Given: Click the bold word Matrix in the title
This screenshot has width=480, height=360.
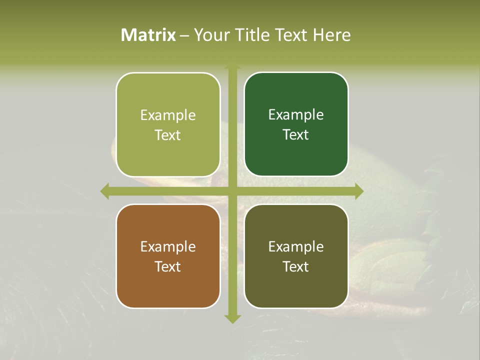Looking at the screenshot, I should (148, 35).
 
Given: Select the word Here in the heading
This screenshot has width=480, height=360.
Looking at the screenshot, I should (331, 35).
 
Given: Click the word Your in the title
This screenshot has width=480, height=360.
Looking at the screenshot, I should (210, 35).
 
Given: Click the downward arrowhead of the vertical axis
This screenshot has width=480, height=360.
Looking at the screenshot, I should (232, 318).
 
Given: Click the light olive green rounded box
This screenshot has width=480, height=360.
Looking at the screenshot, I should (168, 124).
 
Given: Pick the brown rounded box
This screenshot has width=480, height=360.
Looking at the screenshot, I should (168, 256).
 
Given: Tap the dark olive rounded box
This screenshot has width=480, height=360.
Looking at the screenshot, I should (296, 256).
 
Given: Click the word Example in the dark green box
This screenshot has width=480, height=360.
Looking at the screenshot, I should (296, 114).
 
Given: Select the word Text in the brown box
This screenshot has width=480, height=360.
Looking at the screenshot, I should (168, 266).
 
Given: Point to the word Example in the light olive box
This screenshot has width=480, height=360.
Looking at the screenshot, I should (168, 115).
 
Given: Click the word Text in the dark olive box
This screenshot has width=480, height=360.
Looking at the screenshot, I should (296, 266).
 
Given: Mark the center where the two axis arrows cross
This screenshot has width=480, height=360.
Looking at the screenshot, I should (232, 191).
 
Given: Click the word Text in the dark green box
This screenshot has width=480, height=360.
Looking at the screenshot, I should (296, 134).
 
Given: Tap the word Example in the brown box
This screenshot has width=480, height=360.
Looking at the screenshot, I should (168, 246).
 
